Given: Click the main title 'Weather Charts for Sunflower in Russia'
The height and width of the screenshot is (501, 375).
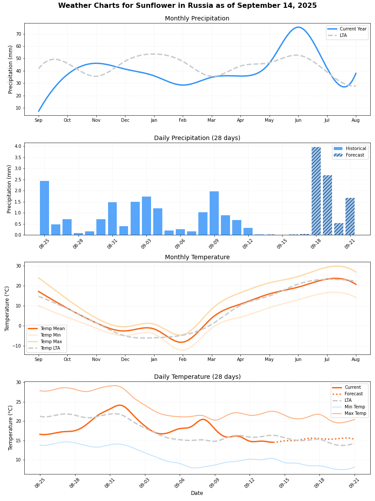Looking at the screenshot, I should (x=187, y=6).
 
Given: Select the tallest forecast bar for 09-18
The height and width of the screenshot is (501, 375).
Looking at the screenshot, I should (x=316, y=191).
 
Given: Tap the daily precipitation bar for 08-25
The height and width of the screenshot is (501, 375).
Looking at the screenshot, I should (x=44, y=208).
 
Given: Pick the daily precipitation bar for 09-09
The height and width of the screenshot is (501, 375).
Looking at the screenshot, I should (x=214, y=213).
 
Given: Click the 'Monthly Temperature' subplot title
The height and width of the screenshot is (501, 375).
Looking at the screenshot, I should (x=197, y=257).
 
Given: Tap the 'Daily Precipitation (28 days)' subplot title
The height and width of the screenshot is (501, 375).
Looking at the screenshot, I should (x=197, y=138).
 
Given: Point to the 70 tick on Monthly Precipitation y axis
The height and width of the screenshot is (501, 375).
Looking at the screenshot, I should (x=18, y=34).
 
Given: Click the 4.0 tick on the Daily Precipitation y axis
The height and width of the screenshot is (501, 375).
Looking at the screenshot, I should (x=17, y=147).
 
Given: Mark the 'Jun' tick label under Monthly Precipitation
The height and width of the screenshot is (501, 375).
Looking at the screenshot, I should (x=298, y=120).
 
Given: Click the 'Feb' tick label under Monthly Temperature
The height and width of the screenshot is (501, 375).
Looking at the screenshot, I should (x=183, y=359).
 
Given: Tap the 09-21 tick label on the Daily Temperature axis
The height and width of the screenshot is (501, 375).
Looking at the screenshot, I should (x=353, y=483).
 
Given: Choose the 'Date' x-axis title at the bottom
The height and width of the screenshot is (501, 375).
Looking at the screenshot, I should (x=197, y=493).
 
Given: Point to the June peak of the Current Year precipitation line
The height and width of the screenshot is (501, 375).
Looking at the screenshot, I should (x=298, y=27).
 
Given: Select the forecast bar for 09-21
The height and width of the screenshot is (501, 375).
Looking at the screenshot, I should (x=350, y=217).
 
